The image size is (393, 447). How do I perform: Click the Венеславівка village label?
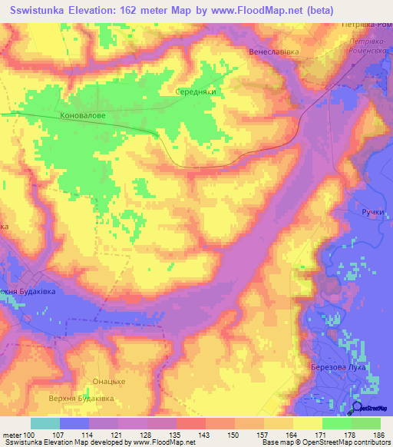click(x=273, y=52)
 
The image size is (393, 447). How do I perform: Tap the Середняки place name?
click(x=198, y=89)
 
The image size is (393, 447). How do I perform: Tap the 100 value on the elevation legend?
click(x=30, y=434)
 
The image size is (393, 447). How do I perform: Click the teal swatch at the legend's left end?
click(x=45, y=423)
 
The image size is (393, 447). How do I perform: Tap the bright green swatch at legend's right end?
click(x=365, y=423)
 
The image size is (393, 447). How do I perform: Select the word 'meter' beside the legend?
click(x=12, y=434)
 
